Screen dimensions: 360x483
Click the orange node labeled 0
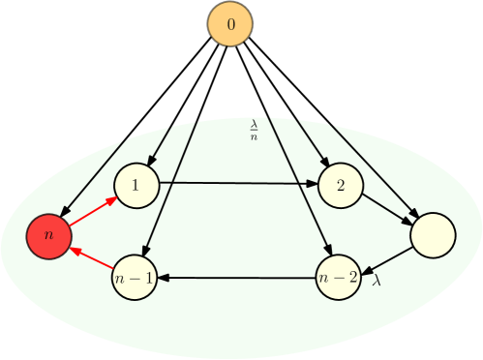[229, 23]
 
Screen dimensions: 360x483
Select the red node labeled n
[49, 235]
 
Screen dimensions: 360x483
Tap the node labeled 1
[136, 185]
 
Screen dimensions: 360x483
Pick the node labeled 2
[340, 185]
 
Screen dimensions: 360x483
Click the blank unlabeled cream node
[432, 235]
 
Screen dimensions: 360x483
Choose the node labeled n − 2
[339, 278]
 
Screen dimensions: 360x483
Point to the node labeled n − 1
[135, 278]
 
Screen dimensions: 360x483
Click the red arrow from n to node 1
[93, 211]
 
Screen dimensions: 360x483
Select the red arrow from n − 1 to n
[93, 256]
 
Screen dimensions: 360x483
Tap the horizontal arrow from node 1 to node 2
[237, 182]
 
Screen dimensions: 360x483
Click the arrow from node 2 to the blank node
[387, 209]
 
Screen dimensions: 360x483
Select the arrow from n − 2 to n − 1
[237, 278]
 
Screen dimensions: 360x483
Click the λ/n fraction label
[254, 130]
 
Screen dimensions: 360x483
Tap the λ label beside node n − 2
[377, 282]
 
